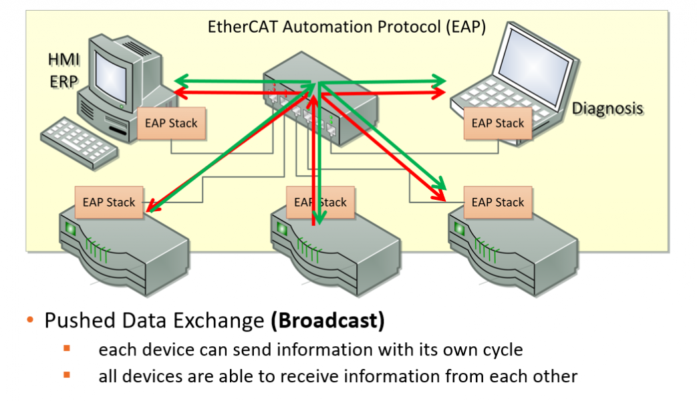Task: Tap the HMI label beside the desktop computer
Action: (x=63, y=59)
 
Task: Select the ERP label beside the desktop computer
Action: (x=63, y=80)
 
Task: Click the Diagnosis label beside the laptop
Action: (x=607, y=108)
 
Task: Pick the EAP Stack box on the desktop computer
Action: (x=171, y=124)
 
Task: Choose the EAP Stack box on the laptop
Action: (x=498, y=124)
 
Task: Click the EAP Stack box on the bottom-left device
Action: (x=109, y=203)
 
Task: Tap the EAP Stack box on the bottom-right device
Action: (x=498, y=203)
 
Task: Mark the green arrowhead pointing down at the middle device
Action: (x=319, y=218)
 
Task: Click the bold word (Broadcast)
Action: (x=327, y=321)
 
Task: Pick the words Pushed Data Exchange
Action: (x=154, y=321)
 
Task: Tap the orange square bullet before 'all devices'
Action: (x=67, y=375)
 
